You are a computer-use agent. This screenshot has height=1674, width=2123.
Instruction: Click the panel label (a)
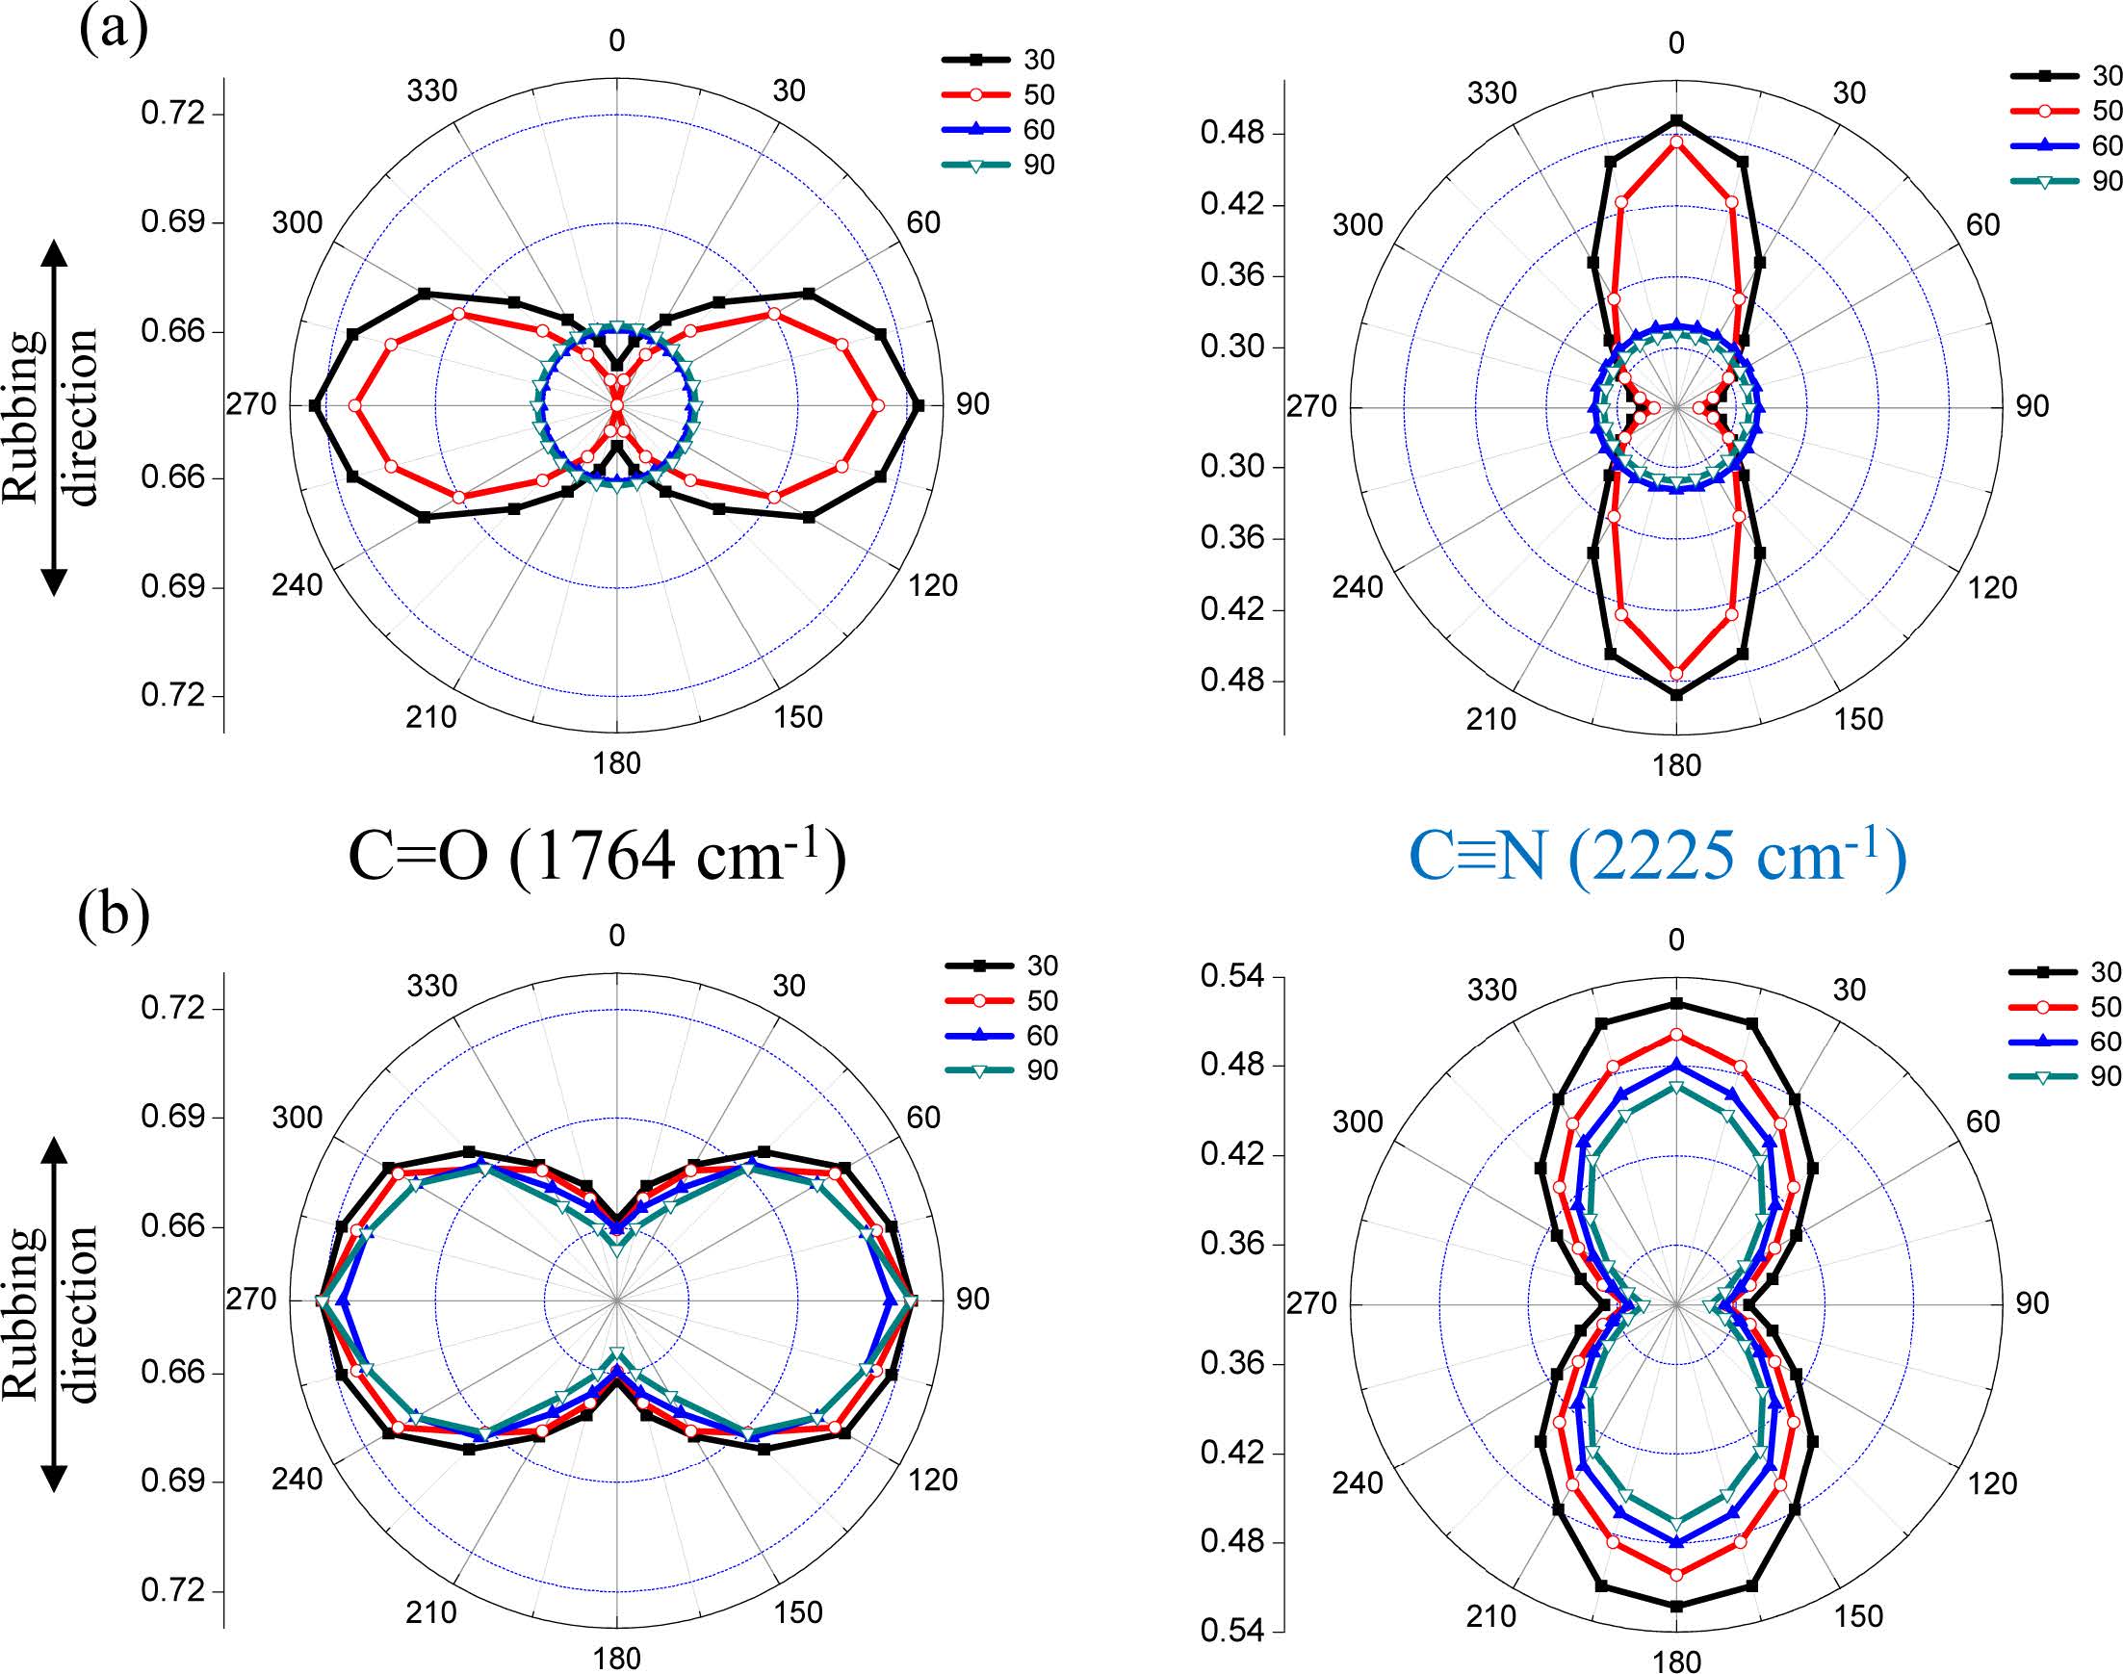(113, 30)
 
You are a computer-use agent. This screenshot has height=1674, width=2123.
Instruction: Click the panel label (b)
(114, 915)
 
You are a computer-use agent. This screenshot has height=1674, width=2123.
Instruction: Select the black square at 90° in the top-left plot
(918, 404)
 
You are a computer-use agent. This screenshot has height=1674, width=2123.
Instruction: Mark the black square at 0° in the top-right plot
(1676, 120)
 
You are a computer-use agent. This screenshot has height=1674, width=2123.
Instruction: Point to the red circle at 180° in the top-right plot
(1676, 673)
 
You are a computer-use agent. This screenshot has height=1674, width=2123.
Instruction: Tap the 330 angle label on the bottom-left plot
(432, 986)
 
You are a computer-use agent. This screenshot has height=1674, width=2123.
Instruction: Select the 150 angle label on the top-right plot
(1859, 719)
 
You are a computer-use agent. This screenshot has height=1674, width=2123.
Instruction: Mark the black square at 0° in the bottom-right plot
(1676, 1004)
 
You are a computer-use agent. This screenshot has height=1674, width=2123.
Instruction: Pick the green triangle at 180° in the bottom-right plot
(1676, 1524)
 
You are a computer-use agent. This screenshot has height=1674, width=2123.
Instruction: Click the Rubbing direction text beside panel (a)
(51, 417)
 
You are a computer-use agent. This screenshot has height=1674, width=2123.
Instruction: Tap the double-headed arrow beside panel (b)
(55, 1313)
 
